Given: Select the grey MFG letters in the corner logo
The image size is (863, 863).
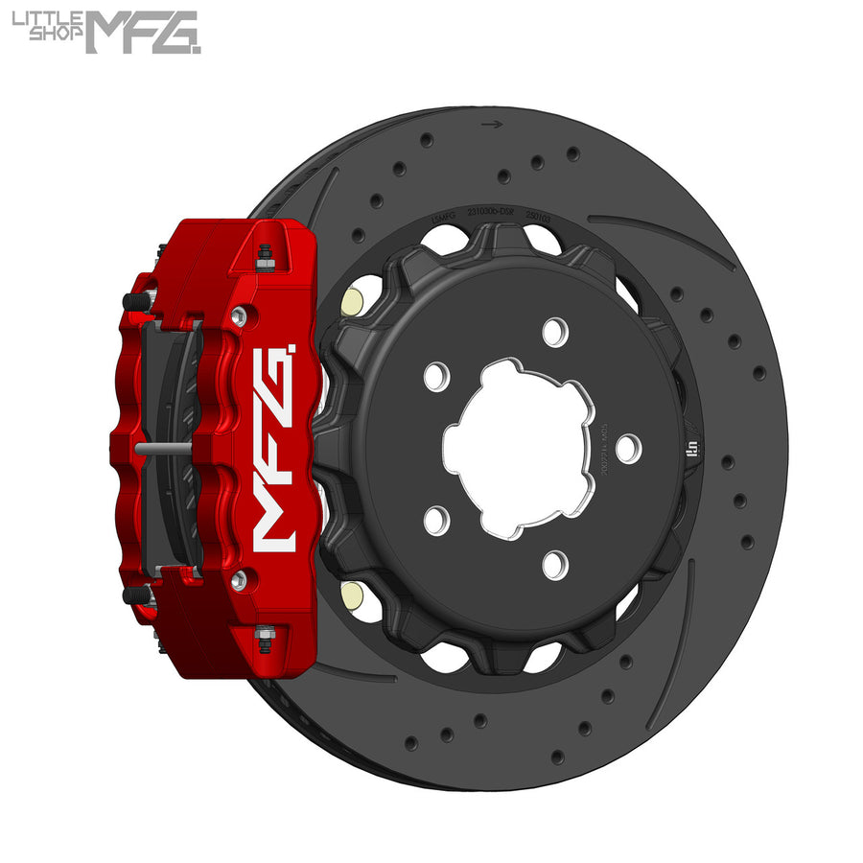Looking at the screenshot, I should coord(143,32).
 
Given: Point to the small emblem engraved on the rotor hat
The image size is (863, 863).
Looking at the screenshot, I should coord(693,447).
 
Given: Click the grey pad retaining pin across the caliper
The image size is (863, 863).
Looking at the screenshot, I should coord(164,447).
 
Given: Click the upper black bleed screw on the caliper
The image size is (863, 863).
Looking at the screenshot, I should coord(138,301).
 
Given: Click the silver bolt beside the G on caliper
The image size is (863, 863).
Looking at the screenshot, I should coord(239,315).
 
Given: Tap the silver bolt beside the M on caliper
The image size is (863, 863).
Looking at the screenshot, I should coord(239,578).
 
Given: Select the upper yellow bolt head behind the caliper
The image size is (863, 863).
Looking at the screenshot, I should coord(351,301).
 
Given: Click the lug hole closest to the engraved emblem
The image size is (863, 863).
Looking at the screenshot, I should coord(628,447).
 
